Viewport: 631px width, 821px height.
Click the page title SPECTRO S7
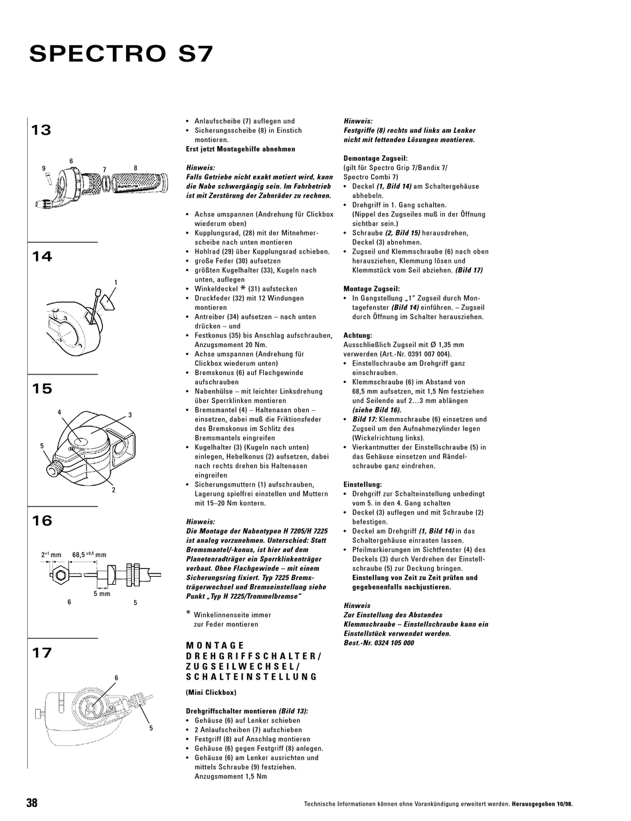tap(121, 54)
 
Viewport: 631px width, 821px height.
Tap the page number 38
tap(32, 802)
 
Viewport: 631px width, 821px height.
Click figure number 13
tap(41, 130)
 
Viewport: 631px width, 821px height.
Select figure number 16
tap(42, 520)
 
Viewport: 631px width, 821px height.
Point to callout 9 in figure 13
tap(43, 169)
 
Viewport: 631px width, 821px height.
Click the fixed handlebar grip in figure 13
tap(139, 183)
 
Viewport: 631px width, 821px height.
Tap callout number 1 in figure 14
tap(116, 282)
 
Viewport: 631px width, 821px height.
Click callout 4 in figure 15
tap(59, 412)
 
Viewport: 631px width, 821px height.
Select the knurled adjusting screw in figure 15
tap(54, 469)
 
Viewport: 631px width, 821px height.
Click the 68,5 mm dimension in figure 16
tap(89, 555)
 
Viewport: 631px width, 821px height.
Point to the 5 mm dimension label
tap(102, 593)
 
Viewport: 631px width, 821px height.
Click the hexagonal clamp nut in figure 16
tap(60, 575)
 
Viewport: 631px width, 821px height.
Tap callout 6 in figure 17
tap(116, 678)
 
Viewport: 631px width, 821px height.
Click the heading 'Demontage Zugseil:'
tap(375, 159)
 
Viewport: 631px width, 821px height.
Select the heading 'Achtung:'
tap(357, 335)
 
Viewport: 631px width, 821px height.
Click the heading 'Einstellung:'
tap(363, 485)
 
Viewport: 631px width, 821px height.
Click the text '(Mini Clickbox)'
tap(211, 692)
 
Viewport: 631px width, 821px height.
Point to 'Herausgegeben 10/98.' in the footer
tap(542, 804)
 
